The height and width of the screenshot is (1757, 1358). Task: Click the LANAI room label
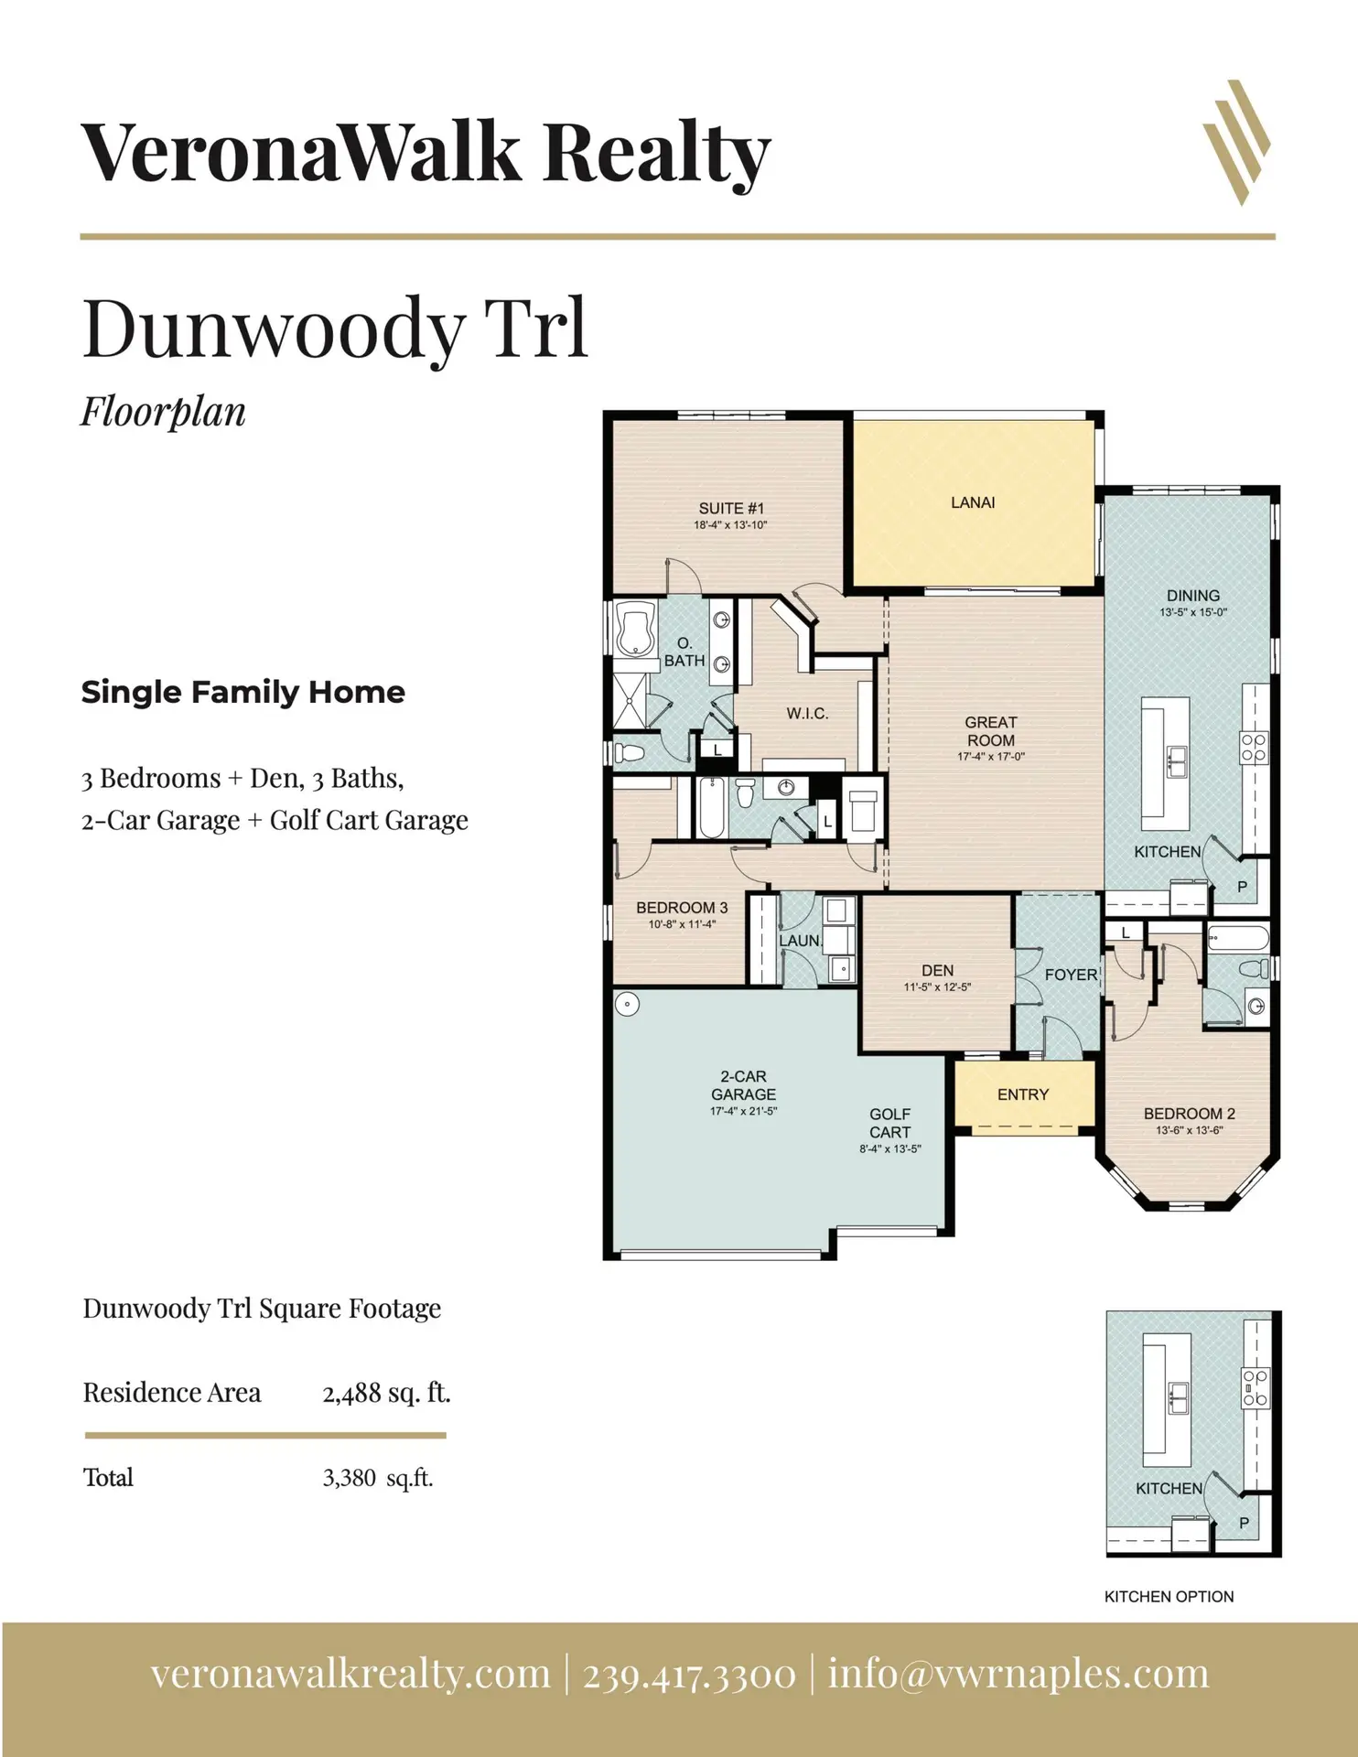(x=973, y=502)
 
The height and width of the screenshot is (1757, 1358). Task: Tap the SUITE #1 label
(x=731, y=509)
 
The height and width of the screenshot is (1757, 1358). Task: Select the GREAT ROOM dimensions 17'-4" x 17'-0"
(x=991, y=758)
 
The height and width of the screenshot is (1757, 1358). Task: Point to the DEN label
(x=937, y=970)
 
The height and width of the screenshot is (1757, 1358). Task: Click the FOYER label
(x=1071, y=976)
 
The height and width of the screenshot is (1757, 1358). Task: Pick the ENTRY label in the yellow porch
(x=1023, y=1094)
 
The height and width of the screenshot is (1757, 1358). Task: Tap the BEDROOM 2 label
(x=1190, y=1114)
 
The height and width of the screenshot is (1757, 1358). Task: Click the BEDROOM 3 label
(x=682, y=908)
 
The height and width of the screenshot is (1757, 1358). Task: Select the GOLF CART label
(x=889, y=1123)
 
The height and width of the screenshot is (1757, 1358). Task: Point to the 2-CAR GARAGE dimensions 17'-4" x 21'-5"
(x=743, y=1112)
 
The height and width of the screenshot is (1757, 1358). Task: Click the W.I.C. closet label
(x=807, y=714)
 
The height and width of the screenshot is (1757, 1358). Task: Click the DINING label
(x=1193, y=596)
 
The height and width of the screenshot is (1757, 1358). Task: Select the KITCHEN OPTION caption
(x=1169, y=1597)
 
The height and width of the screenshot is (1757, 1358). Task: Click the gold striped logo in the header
(x=1237, y=142)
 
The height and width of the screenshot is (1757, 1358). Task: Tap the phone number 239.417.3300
(x=689, y=1675)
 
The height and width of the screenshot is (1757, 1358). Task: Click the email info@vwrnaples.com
(x=1018, y=1674)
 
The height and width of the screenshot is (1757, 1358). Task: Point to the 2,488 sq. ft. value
(x=386, y=1393)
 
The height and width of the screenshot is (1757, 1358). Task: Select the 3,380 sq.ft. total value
(x=377, y=1478)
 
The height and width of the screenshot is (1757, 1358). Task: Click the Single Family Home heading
(x=242, y=693)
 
